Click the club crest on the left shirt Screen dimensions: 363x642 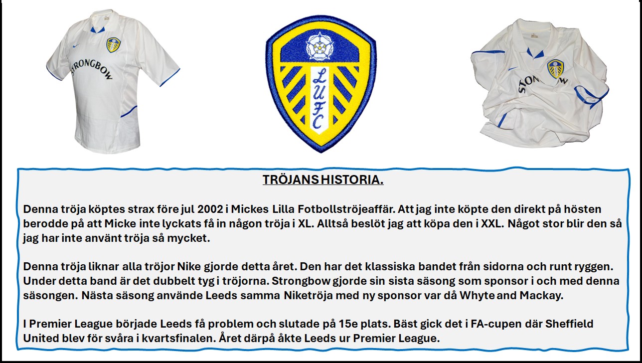pyautogui.click(x=113, y=44)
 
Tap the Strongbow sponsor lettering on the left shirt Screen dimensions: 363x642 pyautogui.click(x=91, y=69)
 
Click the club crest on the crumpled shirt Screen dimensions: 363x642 pyautogui.click(x=555, y=69)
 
